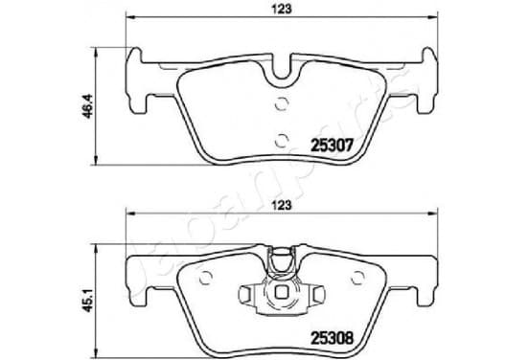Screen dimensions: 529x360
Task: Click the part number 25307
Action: click(332, 146)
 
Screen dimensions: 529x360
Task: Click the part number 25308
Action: click(332, 338)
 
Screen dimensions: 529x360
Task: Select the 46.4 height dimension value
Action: click(88, 106)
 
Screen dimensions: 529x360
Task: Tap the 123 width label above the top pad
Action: click(282, 10)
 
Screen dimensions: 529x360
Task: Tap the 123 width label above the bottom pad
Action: click(282, 205)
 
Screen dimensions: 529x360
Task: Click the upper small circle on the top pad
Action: click(281, 103)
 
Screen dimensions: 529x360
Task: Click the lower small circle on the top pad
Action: click(281, 141)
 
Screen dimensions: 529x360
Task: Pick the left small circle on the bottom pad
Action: click(205, 278)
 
